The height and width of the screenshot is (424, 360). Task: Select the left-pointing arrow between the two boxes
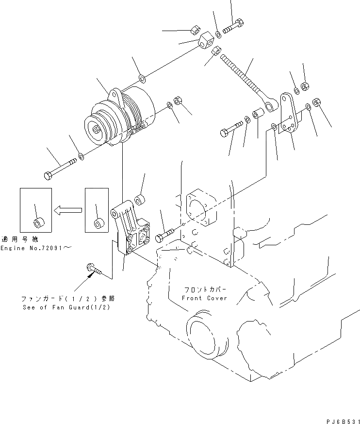coord(67,210)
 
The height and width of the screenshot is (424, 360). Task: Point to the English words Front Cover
coord(204,298)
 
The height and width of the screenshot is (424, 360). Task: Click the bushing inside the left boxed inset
coord(37,223)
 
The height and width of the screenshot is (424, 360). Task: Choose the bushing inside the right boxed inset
coord(99,223)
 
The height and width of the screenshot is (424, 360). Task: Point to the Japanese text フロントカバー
coord(204,288)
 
